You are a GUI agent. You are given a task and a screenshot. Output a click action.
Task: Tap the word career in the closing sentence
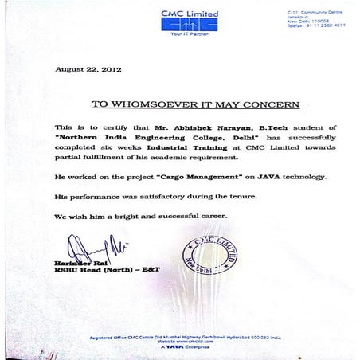pyautogui.click(x=209, y=216)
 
